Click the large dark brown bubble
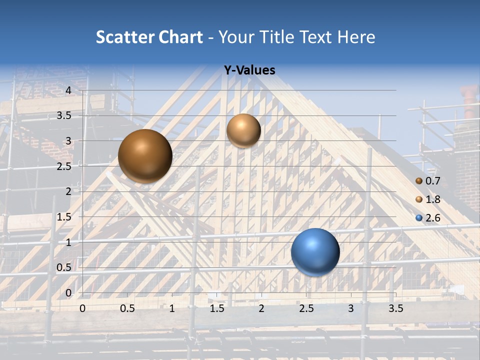tap(145, 156)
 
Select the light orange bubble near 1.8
tap(243, 130)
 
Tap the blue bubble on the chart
tap(315, 252)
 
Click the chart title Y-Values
tap(249, 70)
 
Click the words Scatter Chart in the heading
tap(149, 37)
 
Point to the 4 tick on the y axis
tap(68, 90)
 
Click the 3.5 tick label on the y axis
tap(64, 115)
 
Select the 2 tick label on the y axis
tap(68, 191)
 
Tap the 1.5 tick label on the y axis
tap(64, 217)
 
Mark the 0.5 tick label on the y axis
tap(64, 267)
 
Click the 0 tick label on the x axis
tap(82, 308)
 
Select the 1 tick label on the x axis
tap(172, 308)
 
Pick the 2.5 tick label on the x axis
tap(306, 308)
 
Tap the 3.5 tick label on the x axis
tap(395, 308)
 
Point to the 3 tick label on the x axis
tap(351, 308)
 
